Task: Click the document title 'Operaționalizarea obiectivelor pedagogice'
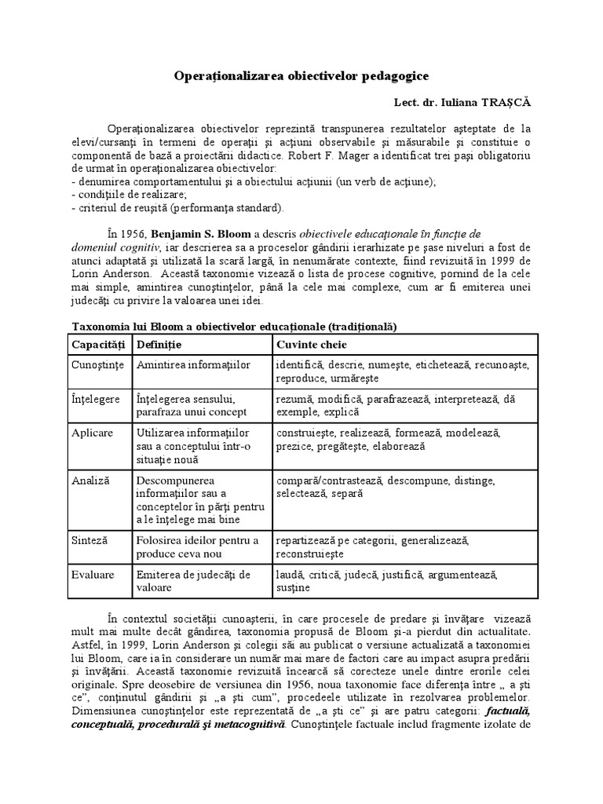[x=301, y=76]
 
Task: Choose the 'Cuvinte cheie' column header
[x=311, y=345]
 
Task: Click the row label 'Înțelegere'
[x=96, y=399]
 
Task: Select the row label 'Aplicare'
[x=93, y=433]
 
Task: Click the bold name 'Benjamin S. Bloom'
[x=199, y=233]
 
